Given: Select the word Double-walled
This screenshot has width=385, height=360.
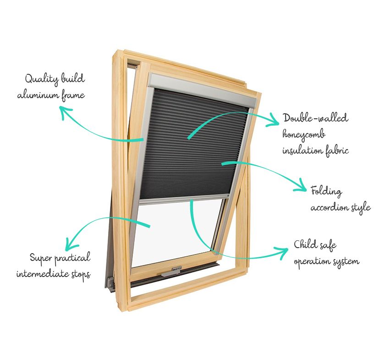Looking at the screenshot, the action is (x=315, y=118).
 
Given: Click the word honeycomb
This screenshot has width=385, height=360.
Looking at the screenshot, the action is (x=304, y=135).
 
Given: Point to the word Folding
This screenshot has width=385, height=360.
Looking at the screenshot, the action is (x=326, y=191).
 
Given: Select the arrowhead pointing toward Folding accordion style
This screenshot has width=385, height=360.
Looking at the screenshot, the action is (x=302, y=186).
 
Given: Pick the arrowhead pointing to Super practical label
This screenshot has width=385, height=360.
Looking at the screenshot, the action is (x=71, y=244).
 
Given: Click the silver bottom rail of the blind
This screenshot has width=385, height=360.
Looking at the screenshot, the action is (x=184, y=199).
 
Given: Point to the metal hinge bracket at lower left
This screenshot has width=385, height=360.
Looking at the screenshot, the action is (x=111, y=283).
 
